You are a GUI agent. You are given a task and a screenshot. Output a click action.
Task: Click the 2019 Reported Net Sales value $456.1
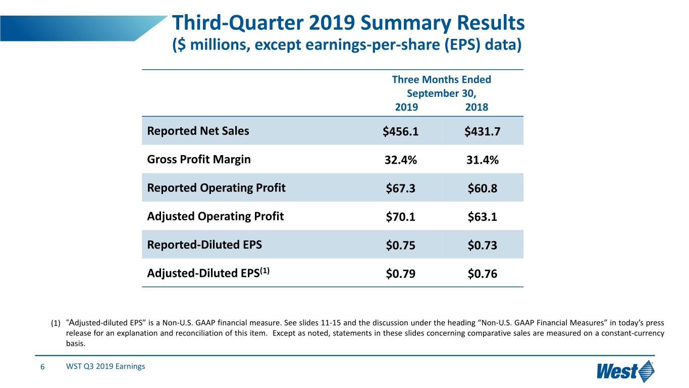coord(401,131)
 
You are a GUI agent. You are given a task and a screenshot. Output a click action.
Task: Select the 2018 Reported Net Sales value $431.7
coord(482,131)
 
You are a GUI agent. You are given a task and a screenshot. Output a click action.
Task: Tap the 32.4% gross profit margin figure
coord(401,160)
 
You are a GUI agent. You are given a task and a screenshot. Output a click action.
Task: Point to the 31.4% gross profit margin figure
coord(482,160)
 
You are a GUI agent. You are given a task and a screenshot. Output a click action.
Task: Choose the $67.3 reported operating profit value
coord(401,188)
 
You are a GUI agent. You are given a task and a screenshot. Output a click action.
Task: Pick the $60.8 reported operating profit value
coord(482,188)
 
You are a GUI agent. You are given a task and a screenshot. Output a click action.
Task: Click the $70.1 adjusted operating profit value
coord(401,217)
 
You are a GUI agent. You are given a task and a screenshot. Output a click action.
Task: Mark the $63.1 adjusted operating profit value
coord(482,217)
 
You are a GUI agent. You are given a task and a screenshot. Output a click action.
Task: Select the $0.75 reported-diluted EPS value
coord(401,246)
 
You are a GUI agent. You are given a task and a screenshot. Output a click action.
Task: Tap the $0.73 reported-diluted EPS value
coord(482,246)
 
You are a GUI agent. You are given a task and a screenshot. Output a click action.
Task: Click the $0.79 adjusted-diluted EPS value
coord(401,274)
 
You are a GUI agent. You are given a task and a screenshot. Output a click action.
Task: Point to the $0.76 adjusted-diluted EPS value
coord(482,274)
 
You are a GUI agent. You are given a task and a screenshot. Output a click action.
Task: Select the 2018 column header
coord(476,107)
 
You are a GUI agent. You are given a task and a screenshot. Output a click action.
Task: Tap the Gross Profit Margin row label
coord(198,160)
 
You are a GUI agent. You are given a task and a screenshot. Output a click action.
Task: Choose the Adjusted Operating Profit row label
coord(215,217)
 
